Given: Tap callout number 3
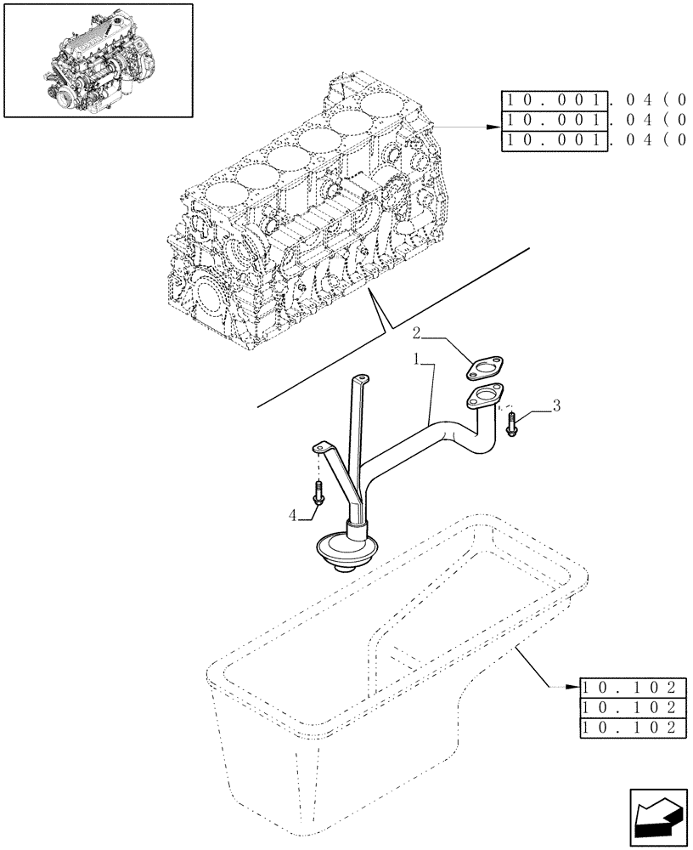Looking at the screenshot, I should pyautogui.click(x=556, y=407).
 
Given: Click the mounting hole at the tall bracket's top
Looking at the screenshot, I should pyautogui.click(x=363, y=380).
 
